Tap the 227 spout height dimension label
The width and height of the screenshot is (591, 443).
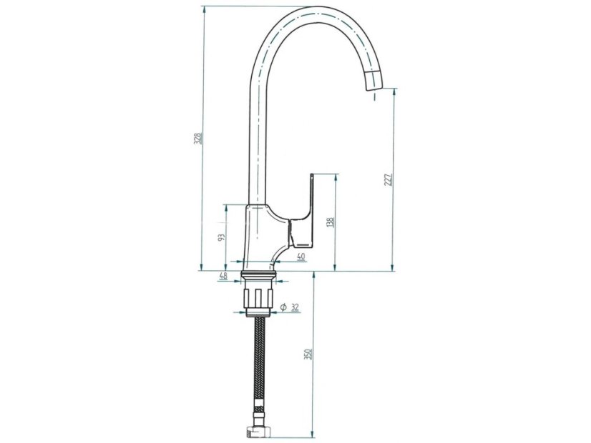(x=389, y=180)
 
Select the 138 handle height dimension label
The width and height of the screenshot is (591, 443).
(x=331, y=222)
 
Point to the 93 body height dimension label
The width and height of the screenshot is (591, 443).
(x=221, y=237)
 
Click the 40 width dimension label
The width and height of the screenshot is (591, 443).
(x=301, y=257)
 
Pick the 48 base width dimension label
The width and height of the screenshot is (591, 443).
(x=223, y=276)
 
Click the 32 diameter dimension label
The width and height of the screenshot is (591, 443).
(x=295, y=307)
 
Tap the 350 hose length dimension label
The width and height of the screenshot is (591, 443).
(x=308, y=354)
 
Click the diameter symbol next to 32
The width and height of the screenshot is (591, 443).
(x=283, y=307)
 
